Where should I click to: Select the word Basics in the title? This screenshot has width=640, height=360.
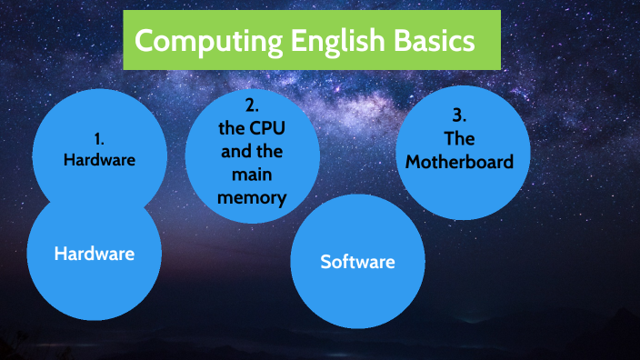point(429,41)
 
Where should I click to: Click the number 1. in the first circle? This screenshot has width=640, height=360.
point(99,140)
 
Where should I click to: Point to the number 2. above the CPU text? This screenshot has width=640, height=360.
point(253,104)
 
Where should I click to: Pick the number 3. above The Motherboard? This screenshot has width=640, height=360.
point(459,116)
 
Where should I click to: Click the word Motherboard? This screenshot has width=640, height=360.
point(459,162)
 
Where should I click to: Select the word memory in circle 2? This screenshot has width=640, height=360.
point(253,195)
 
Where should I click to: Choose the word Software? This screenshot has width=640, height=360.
point(357,262)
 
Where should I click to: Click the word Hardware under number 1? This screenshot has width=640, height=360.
point(99,160)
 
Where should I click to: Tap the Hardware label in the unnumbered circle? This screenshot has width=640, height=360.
point(95,254)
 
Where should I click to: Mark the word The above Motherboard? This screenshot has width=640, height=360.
point(459,139)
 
